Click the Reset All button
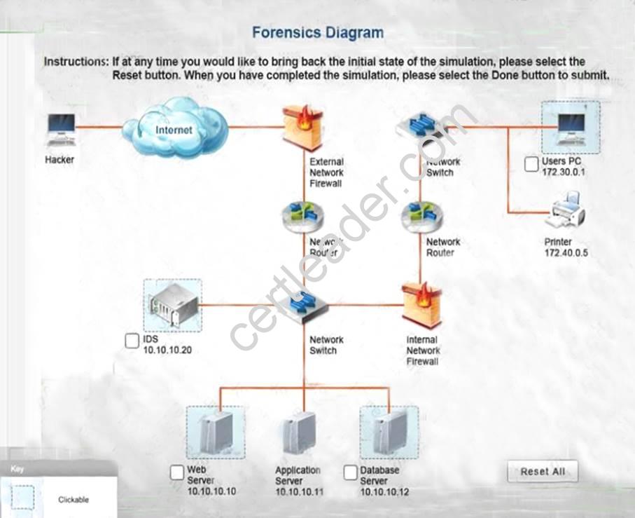point(543,472)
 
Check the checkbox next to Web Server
point(177,472)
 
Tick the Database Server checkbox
point(351,472)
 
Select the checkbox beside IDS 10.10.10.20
point(132,341)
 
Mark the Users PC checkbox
point(531,165)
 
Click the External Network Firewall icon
point(302,127)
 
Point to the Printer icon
point(565,212)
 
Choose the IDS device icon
point(172,306)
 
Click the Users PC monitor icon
point(571,127)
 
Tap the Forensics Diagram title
point(317,32)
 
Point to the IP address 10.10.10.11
point(300,492)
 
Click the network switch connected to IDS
point(303,306)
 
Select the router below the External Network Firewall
point(302,217)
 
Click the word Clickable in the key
point(73,500)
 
